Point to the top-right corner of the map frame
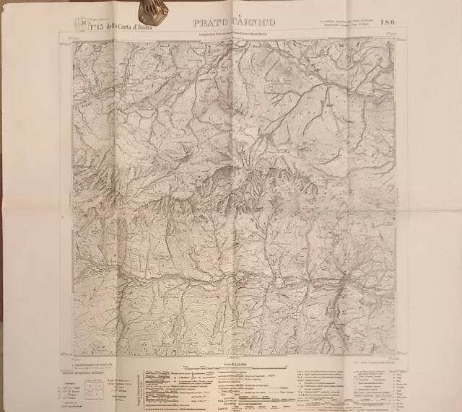[396, 38]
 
